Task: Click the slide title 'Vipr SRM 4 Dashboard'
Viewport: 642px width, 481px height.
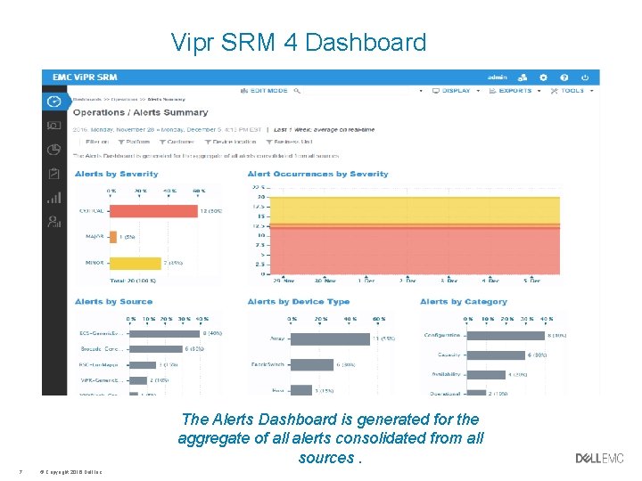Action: point(299,42)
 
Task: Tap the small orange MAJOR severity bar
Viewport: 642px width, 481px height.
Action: point(112,237)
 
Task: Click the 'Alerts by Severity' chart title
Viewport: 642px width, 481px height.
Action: point(116,174)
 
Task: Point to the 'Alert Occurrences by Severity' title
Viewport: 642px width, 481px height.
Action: point(317,174)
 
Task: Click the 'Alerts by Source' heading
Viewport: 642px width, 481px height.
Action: point(113,302)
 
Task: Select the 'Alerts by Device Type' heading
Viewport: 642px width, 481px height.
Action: point(298,302)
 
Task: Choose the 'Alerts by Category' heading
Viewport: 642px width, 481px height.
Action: point(463,302)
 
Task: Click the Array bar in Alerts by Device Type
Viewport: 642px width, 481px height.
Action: point(330,338)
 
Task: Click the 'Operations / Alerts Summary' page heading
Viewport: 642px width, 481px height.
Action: point(140,112)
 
